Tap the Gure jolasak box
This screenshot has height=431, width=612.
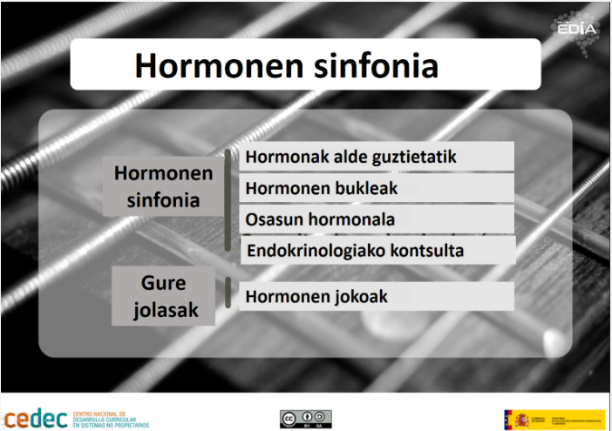tap(164, 296)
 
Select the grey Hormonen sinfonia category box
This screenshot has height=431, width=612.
tap(163, 186)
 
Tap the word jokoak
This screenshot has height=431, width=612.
tap(357, 297)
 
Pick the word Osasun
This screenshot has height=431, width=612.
tap(271, 219)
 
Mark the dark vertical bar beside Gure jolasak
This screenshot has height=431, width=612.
tap(228, 293)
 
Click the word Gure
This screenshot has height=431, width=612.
tap(164, 284)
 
